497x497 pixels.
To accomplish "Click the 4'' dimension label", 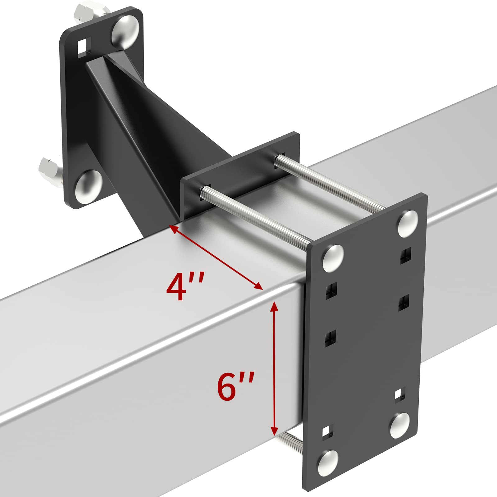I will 185,286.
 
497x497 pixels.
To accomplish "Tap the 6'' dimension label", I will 236,386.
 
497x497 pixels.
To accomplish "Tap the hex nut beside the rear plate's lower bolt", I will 50,170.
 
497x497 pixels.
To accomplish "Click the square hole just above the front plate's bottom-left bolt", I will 327,432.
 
